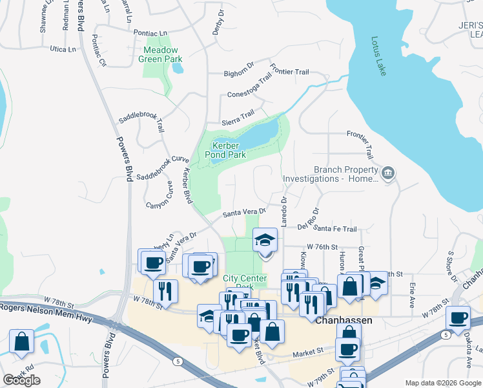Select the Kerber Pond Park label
pos(225,150)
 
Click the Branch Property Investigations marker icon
pos(388,173)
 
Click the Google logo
pos(21,380)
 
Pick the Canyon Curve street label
pos(160,195)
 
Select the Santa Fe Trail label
pos(336,229)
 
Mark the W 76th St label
pos(323,247)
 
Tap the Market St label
pos(307,352)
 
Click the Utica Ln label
pos(63,49)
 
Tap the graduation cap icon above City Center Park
pos(265,241)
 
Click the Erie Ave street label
pos(411,293)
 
